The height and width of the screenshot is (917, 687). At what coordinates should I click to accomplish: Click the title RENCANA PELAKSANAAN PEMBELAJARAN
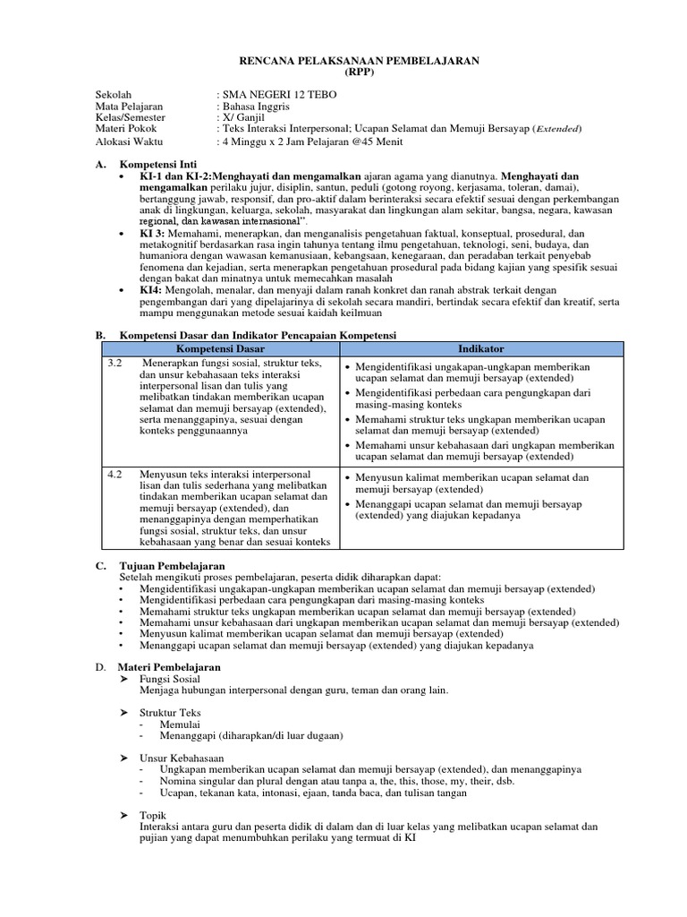pyautogui.click(x=359, y=60)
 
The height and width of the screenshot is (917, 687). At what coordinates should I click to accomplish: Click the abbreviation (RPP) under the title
pyautogui.click(x=359, y=72)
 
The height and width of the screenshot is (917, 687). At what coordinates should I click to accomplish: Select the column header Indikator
pyautogui.click(x=480, y=348)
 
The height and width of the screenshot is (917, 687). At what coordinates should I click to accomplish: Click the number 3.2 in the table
pyautogui.click(x=114, y=363)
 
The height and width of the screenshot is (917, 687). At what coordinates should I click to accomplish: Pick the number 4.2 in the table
pyautogui.click(x=114, y=474)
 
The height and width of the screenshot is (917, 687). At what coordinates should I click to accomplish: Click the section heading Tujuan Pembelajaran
pyautogui.click(x=172, y=566)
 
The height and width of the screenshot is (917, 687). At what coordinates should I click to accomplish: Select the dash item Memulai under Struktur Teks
pyautogui.click(x=180, y=724)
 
